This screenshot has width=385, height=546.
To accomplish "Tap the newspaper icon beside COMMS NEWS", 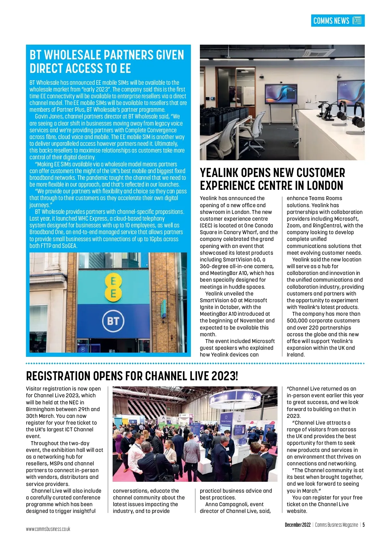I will pyautogui.click(x=357, y=21).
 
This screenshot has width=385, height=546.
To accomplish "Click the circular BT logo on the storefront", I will pyautogui.click(x=113, y=321).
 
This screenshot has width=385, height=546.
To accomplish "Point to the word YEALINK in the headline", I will pyautogui.click(x=219, y=173).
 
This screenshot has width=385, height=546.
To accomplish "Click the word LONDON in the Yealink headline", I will pyautogui.click(x=325, y=186).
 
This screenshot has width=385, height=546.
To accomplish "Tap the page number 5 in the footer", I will pyautogui.click(x=364, y=525).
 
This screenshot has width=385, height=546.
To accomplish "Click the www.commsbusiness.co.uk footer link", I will pyautogui.click(x=48, y=529).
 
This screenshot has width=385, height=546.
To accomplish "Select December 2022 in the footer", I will pyautogui.click(x=298, y=525).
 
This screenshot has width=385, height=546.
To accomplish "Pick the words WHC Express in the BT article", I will pyautogui.click(x=90, y=218).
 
